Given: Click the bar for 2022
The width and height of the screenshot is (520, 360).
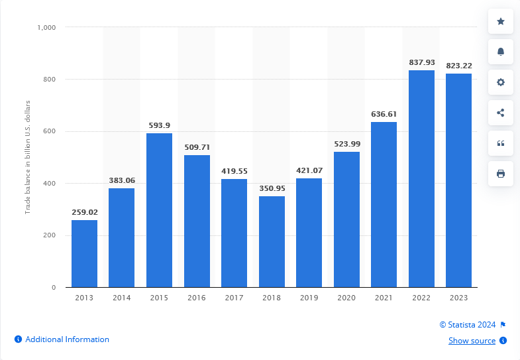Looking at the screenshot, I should pos(421,178).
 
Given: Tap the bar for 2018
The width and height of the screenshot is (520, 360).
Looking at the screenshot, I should pos(272,241).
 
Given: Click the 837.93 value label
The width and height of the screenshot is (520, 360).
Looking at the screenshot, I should pos(421,62).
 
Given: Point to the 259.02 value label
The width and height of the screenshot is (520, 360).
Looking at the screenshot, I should pos(84,212).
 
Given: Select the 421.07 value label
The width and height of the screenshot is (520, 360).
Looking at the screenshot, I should pos(309,170).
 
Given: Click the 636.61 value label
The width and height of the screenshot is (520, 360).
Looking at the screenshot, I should pos(384,114).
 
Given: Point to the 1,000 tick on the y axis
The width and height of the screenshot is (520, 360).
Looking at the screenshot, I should pos(46,27).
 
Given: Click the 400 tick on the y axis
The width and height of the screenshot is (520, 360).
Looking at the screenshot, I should pos(50,184).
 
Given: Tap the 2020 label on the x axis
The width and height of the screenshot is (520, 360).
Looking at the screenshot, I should pos(346,298).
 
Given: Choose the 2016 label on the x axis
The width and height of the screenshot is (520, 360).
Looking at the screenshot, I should pos(197,298).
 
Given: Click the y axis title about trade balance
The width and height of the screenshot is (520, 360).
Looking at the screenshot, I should pos(28,156).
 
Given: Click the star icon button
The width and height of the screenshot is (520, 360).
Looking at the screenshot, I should pos(501,21).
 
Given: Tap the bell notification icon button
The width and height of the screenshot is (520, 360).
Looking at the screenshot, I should pos(501,52).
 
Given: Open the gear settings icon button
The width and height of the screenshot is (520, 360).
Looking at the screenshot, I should pos(501,82).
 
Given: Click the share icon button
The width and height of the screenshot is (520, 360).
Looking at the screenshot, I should pos(501,113).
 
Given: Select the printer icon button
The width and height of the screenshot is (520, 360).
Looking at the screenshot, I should pos(501,174).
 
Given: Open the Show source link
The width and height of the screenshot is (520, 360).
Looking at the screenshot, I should pos(472,341).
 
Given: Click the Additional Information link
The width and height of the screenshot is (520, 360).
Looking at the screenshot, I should pos(67,339).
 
